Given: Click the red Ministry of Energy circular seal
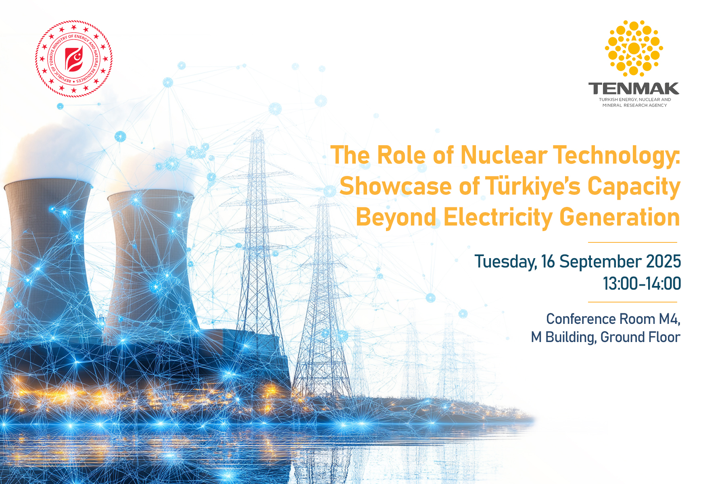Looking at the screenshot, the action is pyautogui.click(x=74, y=59).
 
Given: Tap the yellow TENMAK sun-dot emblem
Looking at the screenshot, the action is pyautogui.click(x=634, y=48).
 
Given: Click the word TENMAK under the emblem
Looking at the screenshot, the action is pyautogui.click(x=634, y=88).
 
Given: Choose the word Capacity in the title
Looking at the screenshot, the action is pyautogui.click(x=634, y=187).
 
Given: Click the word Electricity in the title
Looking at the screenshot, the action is pyautogui.click(x=498, y=218).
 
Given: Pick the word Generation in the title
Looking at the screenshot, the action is pyautogui.click(x=620, y=217).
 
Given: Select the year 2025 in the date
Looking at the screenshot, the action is pyautogui.click(x=663, y=261).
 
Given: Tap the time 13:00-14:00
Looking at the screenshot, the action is pyautogui.click(x=642, y=284).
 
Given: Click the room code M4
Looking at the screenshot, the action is pyautogui.click(x=670, y=319).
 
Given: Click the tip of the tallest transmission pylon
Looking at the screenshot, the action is pyautogui.click(x=257, y=130).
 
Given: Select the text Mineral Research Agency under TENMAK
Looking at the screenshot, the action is pyautogui.click(x=634, y=105).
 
